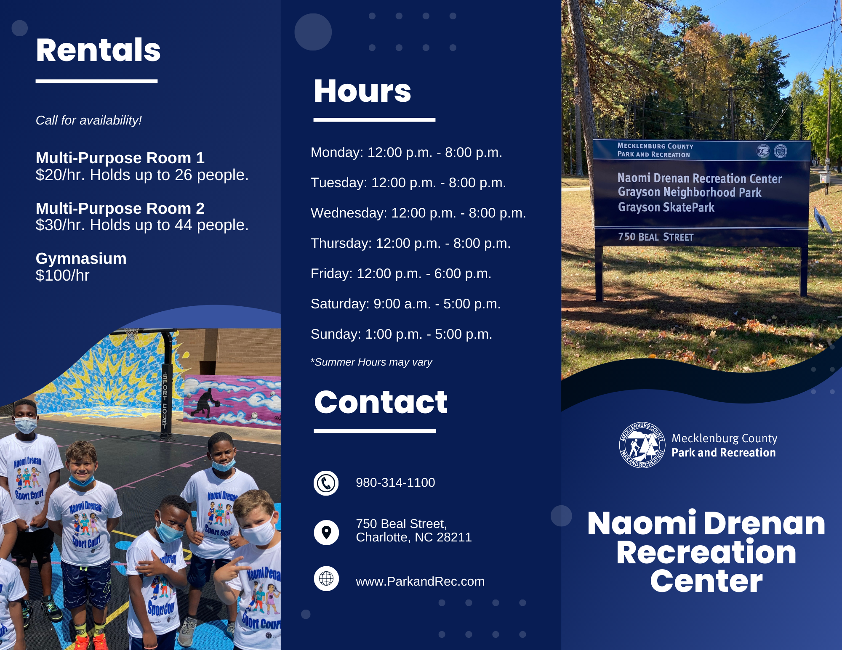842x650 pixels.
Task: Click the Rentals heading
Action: tap(98, 50)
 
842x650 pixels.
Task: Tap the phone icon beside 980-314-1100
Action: tap(326, 483)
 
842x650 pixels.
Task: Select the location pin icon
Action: tap(326, 533)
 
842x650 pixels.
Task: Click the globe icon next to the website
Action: tap(326, 579)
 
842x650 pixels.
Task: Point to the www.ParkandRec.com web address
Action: tap(420, 581)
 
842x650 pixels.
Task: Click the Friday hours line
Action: tap(401, 274)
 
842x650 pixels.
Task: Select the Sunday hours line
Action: tap(401, 334)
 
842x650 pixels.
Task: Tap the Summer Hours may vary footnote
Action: tap(371, 362)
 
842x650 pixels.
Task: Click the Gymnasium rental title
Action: tap(81, 258)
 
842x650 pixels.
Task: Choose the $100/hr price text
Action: tap(62, 276)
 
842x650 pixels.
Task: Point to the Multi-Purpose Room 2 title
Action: tap(120, 208)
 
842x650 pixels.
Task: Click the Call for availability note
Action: tap(88, 120)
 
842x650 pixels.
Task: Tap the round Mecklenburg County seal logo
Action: tap(642, 445)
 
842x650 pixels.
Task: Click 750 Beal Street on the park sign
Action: tap(655, 237)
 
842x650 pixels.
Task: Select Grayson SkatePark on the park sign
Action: tap(666, 207)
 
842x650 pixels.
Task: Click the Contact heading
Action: tap(381, 402)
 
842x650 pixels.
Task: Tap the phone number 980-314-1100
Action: tap(395, 483)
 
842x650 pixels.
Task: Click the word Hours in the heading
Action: tap(362, 91)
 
